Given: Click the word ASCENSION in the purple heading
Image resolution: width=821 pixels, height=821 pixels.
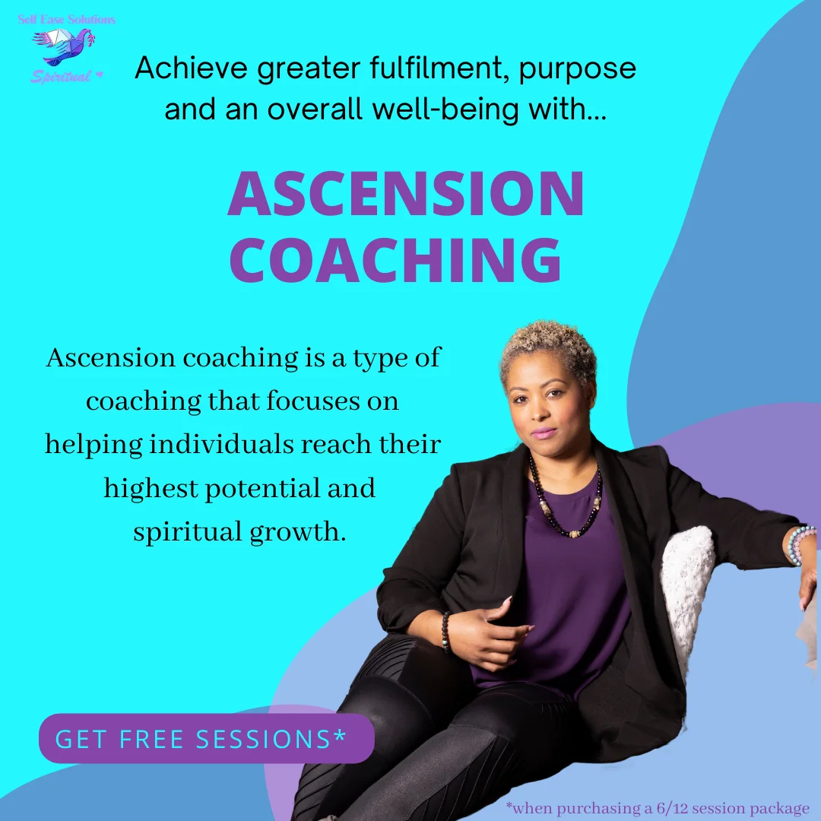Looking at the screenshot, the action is click(406, 193).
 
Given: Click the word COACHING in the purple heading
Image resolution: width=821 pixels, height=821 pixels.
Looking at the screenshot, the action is click(396, 260).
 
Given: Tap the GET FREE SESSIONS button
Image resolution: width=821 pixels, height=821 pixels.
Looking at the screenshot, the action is click(206, 738).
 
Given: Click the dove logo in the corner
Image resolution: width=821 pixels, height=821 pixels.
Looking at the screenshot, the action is click(64, 46).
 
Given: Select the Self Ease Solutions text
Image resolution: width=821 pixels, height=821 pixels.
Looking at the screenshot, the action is click(66, 20).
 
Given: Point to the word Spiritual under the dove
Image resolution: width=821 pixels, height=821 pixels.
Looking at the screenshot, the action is click(61, 77).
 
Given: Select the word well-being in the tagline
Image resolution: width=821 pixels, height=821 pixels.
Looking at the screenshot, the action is click(445, 110).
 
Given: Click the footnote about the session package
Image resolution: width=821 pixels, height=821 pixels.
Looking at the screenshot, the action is click(658, 808).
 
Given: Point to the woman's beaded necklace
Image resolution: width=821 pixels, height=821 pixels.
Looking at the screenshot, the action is click(566, 497).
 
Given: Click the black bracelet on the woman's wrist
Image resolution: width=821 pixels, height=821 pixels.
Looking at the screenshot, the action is click(445, 631).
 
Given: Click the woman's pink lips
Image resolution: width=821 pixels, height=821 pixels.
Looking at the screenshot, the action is click(544, 433).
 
